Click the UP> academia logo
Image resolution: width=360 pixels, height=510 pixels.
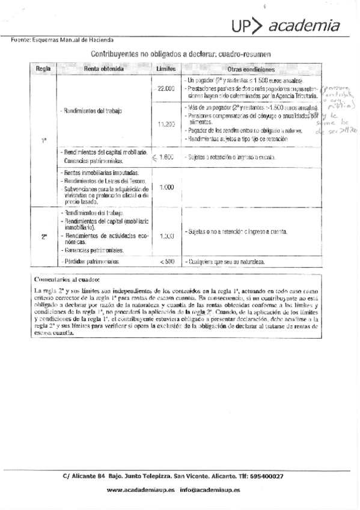click(x=287, y=26)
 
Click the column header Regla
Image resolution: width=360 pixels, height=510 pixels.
click(x=43, y=69)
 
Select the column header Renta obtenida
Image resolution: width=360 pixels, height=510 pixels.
click(x=104, y=69)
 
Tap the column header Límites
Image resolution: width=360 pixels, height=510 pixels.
click(x=166, y=69)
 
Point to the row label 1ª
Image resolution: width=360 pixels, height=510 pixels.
click(x=44, y=141)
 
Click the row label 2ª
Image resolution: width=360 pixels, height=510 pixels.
click(x=44, y=236)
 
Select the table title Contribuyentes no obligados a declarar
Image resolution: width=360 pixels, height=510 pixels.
click(x=180, y=54)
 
